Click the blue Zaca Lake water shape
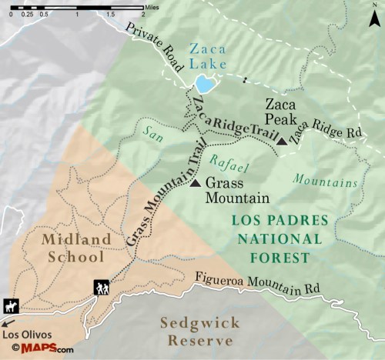click(204, 83)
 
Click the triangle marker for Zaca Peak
click(282, 141)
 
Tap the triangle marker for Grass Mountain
click(195, 183)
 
